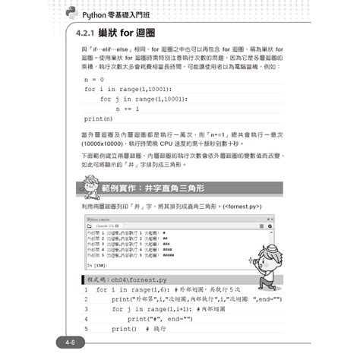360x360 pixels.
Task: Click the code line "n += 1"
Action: pyautogui.click(x=128, y=109)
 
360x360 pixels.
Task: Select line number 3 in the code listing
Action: pyautogui.click(x=87, y=309)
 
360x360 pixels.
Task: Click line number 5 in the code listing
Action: pyautogui.click(x=87, y=329)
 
